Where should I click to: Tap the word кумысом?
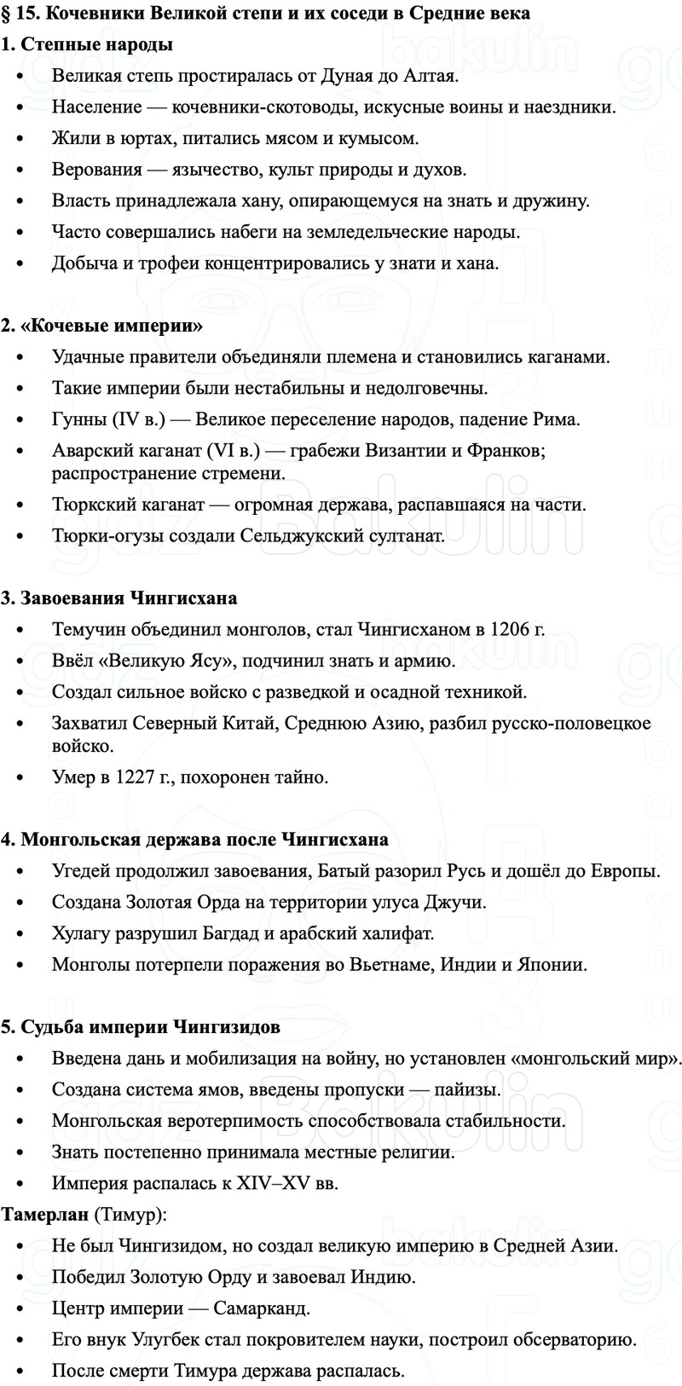[381, 138]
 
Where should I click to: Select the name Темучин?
[88, 630]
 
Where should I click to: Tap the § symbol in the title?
[6, 14]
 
